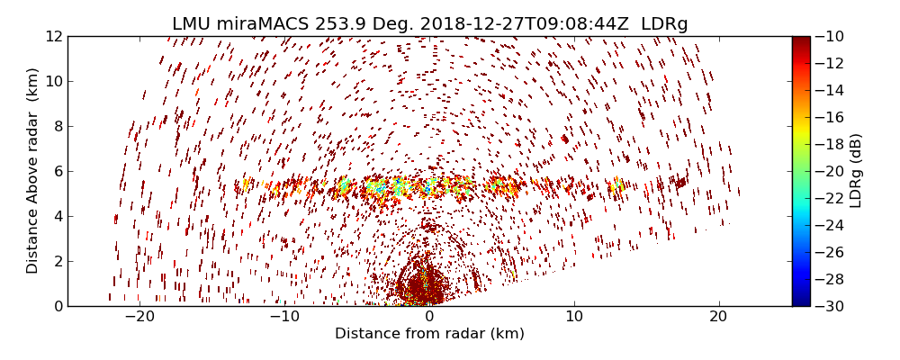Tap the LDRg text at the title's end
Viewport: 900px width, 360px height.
(x=664, y=24)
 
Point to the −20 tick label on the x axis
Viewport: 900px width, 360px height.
(x=139, y=318)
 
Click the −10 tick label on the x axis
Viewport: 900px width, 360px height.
(x=284, y=318)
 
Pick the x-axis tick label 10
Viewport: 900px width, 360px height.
(x=574, y=318)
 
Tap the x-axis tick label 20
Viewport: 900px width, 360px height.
(x=718, y=318)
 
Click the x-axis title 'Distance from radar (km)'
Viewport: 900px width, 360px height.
(x=429, y=334)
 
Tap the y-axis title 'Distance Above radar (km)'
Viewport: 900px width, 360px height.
(x=33, y=171)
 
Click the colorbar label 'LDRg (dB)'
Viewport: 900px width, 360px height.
(x=856, y=171)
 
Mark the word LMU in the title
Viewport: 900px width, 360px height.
(x=192, y=24)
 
